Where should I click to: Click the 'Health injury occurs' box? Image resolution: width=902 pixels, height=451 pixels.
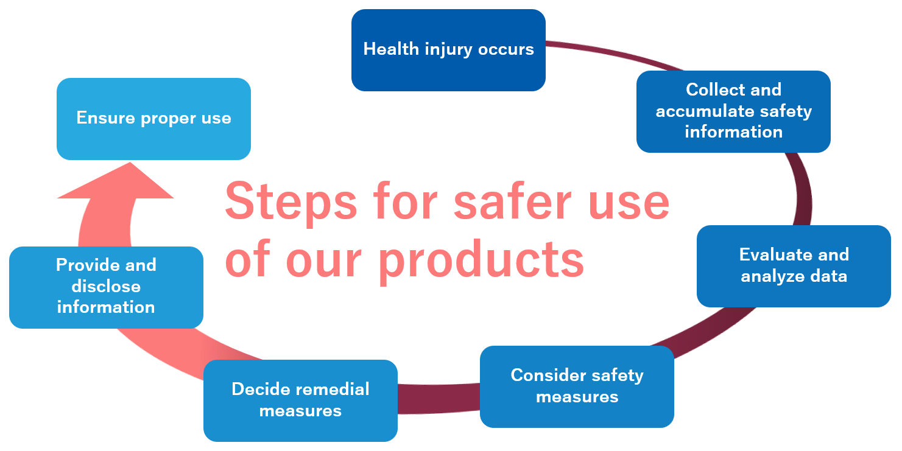[448, 51]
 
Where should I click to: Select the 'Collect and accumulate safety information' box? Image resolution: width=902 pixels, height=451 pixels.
[733, 111]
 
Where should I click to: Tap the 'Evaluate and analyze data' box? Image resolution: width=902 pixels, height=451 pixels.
[794, 266]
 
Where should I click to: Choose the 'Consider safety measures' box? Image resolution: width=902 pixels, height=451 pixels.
[577, 386]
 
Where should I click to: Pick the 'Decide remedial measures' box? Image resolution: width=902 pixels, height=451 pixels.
[300, 400]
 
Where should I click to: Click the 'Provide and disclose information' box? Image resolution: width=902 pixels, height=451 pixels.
[107, 287]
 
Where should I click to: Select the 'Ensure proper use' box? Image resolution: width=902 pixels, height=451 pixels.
[154, 119]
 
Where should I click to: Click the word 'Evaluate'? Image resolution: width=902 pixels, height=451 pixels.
[767, 254]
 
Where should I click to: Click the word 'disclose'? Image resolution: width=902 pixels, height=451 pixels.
[107, 286]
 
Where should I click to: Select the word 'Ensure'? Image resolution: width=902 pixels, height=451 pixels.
[105, 118]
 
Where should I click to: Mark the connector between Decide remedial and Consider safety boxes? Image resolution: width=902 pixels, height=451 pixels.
[439, 399]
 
